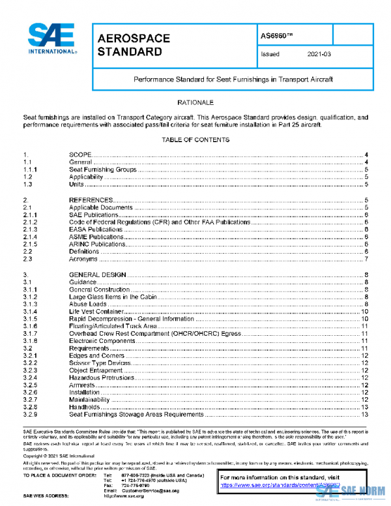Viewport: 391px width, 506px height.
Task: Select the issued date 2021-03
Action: tap(319, 55)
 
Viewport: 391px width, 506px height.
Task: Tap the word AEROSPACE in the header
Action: tap(134, 38)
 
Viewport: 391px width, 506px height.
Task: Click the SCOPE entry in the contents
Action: tap(83, 155)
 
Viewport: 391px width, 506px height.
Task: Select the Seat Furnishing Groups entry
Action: tap(102, 170)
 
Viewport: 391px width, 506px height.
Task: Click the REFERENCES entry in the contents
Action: tap(91, 200)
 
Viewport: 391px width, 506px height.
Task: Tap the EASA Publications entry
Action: tap(96, 230)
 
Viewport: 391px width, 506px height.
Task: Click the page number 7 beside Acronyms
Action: tap(368, 260)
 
